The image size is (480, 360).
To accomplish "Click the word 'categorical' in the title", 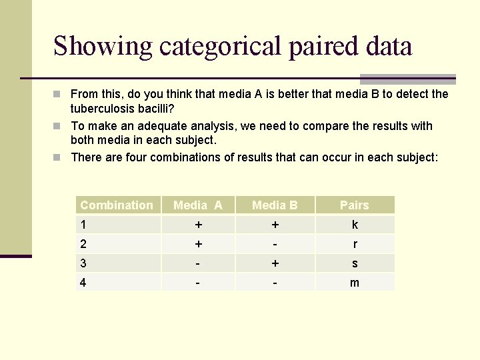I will (217, 47).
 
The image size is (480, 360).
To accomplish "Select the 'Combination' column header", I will (117, 205).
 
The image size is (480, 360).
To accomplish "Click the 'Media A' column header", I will (198, 205).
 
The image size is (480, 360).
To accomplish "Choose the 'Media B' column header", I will (275, 205).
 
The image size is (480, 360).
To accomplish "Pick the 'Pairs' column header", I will (354, 205).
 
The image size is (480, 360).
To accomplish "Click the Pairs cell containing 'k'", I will (354, 225).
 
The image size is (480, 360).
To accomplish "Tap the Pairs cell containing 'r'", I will (354, 244).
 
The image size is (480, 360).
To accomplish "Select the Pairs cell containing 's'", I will (354, 263).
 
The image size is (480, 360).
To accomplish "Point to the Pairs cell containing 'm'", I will (354, 283).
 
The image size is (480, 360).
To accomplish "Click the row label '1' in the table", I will (83, 225).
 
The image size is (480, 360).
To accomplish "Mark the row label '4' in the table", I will (83, 283).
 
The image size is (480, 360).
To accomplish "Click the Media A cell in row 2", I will (198, 244).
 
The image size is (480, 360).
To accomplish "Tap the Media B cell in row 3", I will (275, 263).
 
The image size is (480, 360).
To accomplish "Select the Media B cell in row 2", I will (275, 244).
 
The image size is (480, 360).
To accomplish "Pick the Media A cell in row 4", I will (198, 283).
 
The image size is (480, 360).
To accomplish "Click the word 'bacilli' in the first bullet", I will (155, 108).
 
